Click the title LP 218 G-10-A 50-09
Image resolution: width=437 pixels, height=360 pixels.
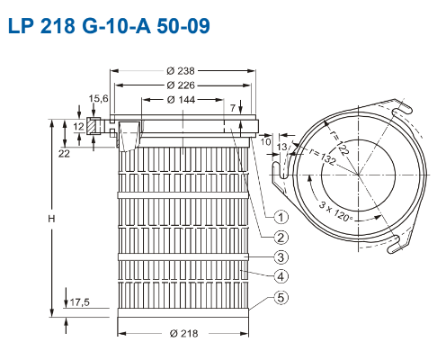109,26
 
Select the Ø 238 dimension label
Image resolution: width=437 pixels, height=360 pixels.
181,71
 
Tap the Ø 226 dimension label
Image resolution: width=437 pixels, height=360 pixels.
181,85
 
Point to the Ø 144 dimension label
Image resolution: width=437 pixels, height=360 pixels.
181,100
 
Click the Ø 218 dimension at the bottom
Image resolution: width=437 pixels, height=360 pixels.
183,333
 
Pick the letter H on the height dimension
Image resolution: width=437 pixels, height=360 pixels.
51,219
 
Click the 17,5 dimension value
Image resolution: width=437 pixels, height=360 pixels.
80,302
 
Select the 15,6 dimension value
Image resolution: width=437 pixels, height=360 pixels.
98,98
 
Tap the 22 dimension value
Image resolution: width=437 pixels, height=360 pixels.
64,154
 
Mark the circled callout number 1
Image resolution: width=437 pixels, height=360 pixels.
281,217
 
